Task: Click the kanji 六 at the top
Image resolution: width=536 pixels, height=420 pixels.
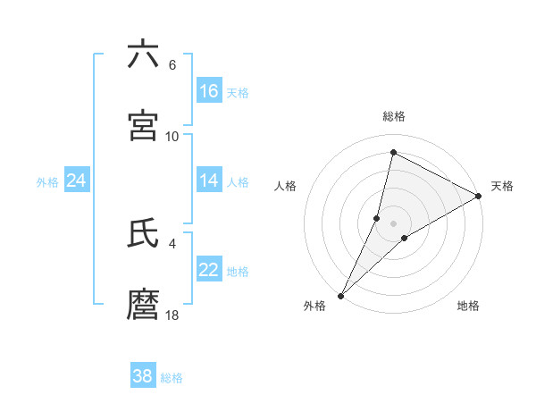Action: point(143,55)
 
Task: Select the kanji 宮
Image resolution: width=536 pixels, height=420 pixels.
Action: point(143,126)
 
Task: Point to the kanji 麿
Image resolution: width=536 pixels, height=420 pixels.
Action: point(143,305)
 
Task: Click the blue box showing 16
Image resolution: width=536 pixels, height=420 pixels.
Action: point(209,90)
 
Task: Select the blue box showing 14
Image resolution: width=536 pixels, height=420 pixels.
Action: point(209,181)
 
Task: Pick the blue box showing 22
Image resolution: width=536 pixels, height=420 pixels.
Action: point(209,270)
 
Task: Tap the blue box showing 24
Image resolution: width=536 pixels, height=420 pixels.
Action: point(77,181)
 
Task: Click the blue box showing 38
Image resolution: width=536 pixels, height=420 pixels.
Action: point(143,376)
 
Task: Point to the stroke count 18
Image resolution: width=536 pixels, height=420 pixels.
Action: point(172,315)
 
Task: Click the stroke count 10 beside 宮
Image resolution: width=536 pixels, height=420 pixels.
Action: point(172,136)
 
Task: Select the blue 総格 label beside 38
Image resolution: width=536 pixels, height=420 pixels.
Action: point(172,378)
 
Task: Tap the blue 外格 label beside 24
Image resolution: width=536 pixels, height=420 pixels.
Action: point(47,182)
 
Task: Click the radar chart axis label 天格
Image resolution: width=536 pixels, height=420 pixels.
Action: point(502,186)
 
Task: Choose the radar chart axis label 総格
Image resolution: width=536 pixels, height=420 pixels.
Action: point(394,116)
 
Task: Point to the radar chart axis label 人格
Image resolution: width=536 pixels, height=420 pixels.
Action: point(286,186)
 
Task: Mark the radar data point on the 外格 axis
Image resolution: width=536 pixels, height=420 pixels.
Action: point(341,295)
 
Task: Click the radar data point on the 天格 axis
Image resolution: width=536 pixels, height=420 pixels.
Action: point(479,196)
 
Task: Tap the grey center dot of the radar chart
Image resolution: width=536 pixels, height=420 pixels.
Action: point(394,223)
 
